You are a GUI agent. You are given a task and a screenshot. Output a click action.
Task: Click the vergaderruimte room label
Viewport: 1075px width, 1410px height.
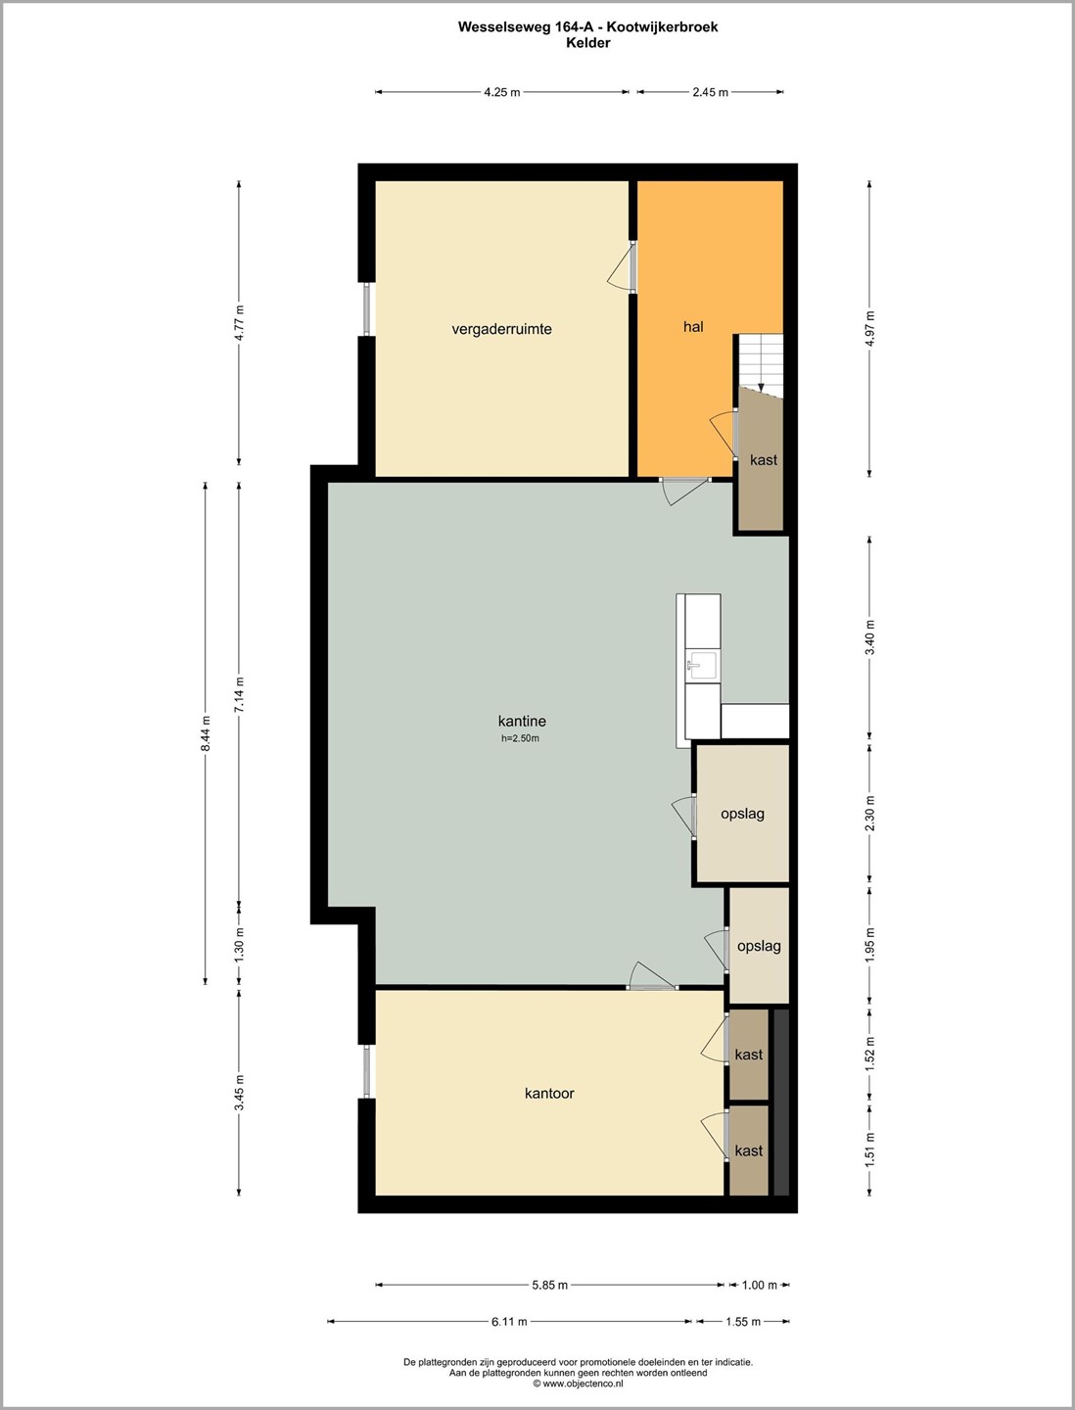tap(501, 330)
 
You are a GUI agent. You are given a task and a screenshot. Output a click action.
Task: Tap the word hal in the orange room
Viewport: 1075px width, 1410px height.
tap(693, 326)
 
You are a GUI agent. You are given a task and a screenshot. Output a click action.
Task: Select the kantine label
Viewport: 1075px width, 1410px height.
tap(522, 721)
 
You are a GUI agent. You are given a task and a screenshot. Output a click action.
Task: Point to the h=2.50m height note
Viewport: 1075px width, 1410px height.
tap(520, 738)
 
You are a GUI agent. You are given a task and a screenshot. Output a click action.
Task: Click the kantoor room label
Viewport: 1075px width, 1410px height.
tap(549, 1093)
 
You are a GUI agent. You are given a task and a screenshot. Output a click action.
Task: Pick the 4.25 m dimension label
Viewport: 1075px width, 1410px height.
tap(502, 92)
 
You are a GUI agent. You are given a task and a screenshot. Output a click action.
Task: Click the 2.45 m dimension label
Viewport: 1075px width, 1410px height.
tap(710, 92)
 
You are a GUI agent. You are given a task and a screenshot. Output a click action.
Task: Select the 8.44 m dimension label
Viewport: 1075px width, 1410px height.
tap(205, 733)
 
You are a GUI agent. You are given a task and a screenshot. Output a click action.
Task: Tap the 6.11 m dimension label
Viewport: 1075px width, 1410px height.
tap(509, 1321)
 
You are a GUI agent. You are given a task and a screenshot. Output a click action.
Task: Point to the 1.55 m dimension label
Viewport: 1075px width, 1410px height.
tap(743, 1321)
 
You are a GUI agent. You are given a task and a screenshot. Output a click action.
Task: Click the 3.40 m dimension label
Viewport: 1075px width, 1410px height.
tap(869, 637)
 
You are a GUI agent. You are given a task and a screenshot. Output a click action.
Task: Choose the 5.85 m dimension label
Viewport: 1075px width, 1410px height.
tap(549, 1285)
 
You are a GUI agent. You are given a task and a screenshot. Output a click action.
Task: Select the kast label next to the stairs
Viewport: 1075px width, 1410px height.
tap(763, 460)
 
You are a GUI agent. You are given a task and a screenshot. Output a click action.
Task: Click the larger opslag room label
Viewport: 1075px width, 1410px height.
tap(742, 814)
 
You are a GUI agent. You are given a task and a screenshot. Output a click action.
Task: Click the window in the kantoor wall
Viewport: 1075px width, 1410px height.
tap(367, 1071)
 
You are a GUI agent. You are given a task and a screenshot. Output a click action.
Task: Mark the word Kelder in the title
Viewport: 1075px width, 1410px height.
tap(587, 43)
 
